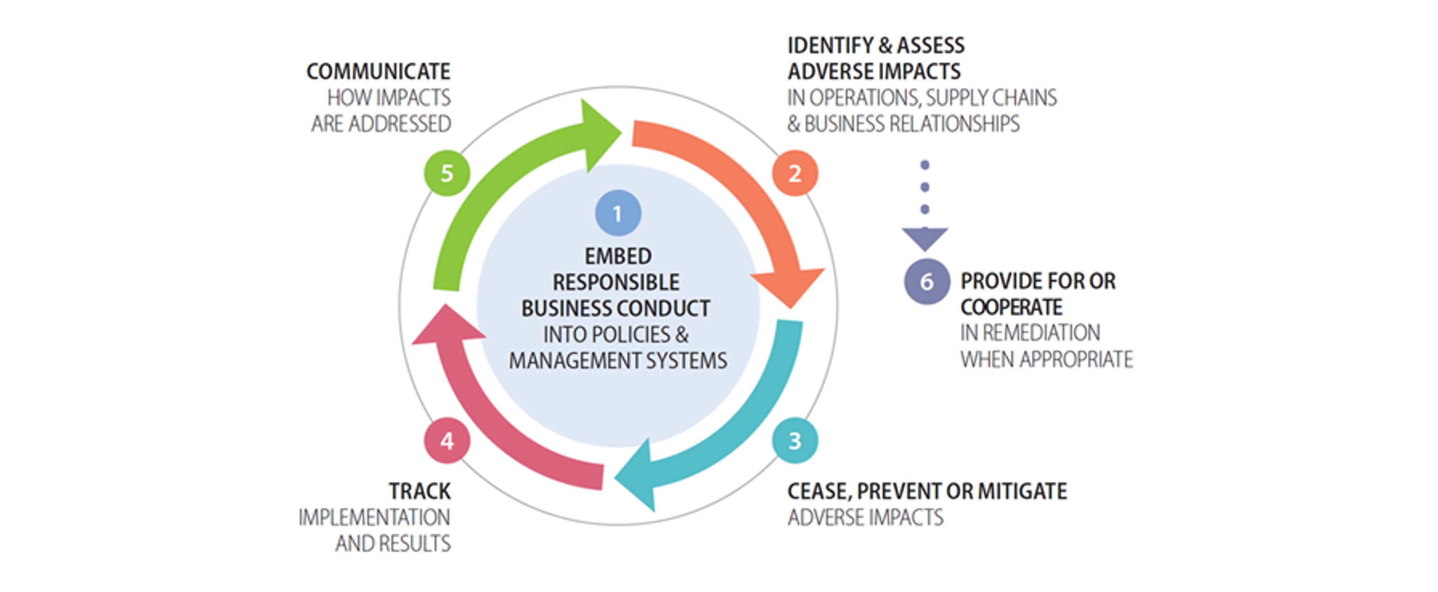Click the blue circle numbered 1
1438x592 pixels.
point(618,213)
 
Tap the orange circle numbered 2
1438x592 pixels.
point(795,173)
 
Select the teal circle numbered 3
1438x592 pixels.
point(795,440)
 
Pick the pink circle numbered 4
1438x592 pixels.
point(447,440)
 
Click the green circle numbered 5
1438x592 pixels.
point(447,173)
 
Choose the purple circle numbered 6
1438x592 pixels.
point(926,282)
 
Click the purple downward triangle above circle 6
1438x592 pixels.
point(925,239)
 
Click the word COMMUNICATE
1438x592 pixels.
point(378,72)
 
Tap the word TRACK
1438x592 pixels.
point(420,491)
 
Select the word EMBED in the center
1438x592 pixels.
point(618,256)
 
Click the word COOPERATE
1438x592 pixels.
point(1011,307)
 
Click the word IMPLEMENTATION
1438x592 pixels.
point(375,518)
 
